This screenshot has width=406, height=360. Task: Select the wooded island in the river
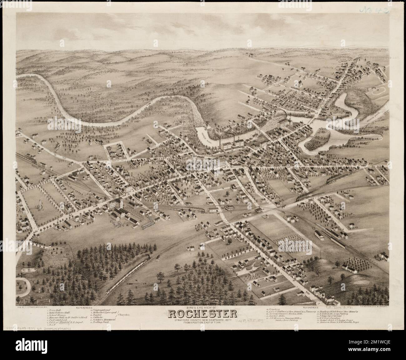click(316, 137)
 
